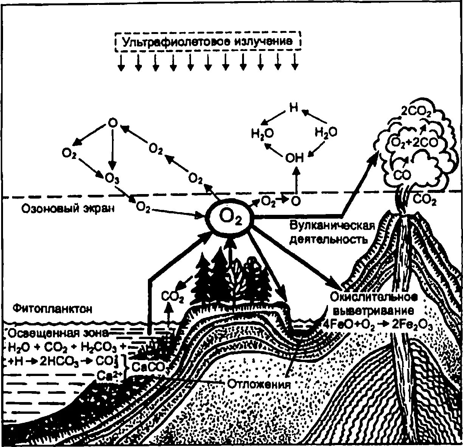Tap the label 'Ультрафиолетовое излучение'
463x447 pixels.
(x=207, y=42)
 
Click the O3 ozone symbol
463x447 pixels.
(x=112, y=178)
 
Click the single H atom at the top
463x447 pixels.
(x=294, y=108)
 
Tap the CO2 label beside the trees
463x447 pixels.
(x=172, y=297)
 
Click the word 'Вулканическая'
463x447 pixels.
(x=332, y=226)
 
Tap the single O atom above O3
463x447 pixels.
(x=112, y=123)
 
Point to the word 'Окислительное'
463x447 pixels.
(x=373, y=297)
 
